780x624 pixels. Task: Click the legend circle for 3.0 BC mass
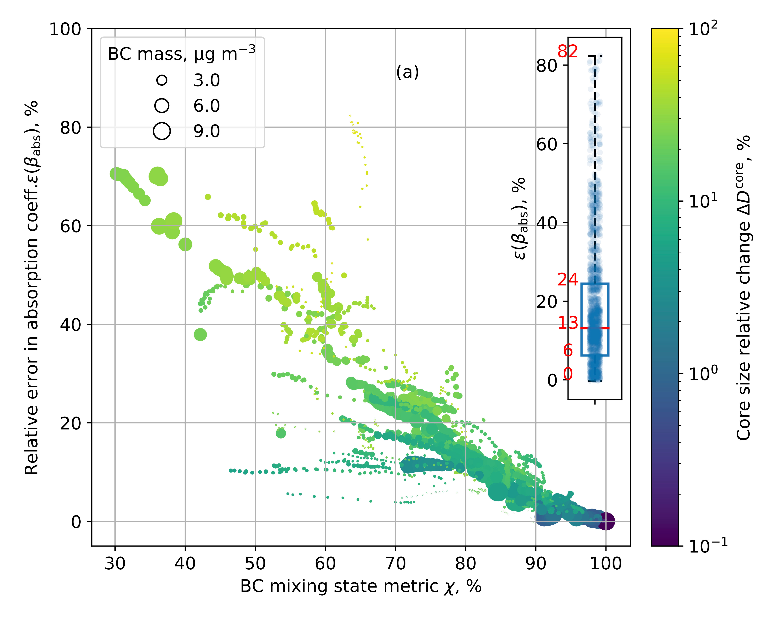162,80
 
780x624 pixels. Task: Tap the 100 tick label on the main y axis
65,29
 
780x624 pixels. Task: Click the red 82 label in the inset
567,51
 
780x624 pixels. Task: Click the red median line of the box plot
595,328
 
